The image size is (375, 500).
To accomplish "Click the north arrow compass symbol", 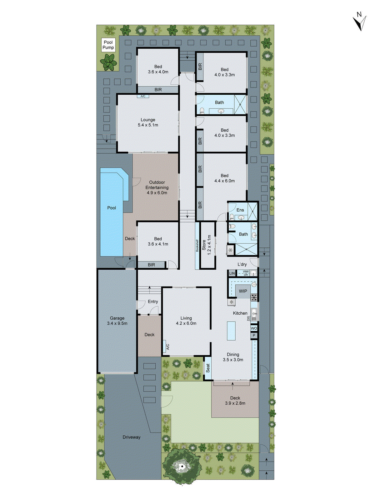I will pos(360,21).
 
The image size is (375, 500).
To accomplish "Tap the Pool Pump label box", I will pos(108,45).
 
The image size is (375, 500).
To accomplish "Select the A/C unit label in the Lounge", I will pos(143,96).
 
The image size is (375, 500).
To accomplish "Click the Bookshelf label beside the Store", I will pos(197,246).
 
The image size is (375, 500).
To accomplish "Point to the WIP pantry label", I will pos(243,291).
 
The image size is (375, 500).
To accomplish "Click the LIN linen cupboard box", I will pos(232,273).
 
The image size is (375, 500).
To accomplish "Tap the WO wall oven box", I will pos(254,328).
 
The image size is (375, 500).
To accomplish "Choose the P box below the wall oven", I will pos(254,336).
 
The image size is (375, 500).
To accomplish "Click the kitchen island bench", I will pos(231,331).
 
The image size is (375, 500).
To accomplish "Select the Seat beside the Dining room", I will pos(207,368).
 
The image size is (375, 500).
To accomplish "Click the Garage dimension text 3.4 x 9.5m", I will pos(117,323).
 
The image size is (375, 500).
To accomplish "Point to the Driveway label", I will pos(132,437).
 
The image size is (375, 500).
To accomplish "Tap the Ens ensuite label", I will pos(240,210).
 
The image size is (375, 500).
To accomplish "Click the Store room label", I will pos(204,245).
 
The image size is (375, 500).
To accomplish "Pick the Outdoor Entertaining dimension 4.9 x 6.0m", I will pos(157,193).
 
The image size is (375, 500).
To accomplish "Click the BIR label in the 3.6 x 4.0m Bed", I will pos(158,90).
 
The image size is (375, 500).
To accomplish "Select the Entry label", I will pos(153,302).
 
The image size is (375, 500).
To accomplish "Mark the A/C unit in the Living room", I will pos(167,347).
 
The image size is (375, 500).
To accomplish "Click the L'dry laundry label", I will pos(242,264).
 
